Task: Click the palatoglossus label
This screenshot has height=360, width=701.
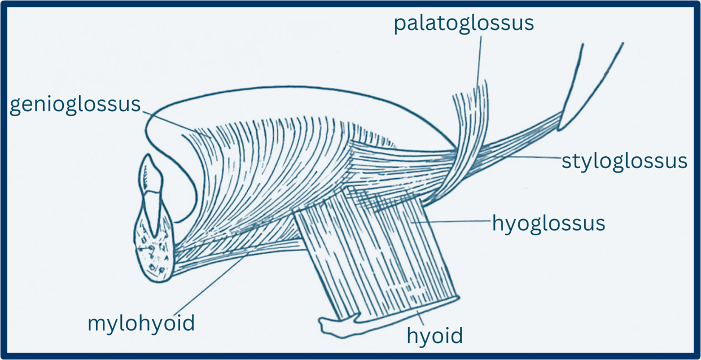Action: pos(463,24)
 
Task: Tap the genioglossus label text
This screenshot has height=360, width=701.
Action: pos(75,105)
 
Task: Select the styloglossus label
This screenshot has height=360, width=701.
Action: pos(624,161)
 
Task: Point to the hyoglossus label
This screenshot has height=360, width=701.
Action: pos(549,223)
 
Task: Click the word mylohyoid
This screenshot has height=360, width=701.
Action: pos(141,323)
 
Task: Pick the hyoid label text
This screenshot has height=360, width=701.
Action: pos(435,336)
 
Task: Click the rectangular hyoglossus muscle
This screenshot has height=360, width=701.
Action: pos(378,248)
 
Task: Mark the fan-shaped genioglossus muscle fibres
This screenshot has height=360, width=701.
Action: pos(265,164)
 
